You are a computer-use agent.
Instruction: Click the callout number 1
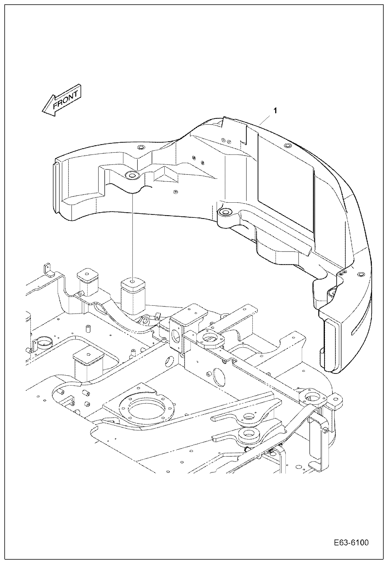275,111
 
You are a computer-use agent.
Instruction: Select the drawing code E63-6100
351,543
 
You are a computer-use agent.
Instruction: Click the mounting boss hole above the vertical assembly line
132,176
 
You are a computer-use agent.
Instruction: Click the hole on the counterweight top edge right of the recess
288,145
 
